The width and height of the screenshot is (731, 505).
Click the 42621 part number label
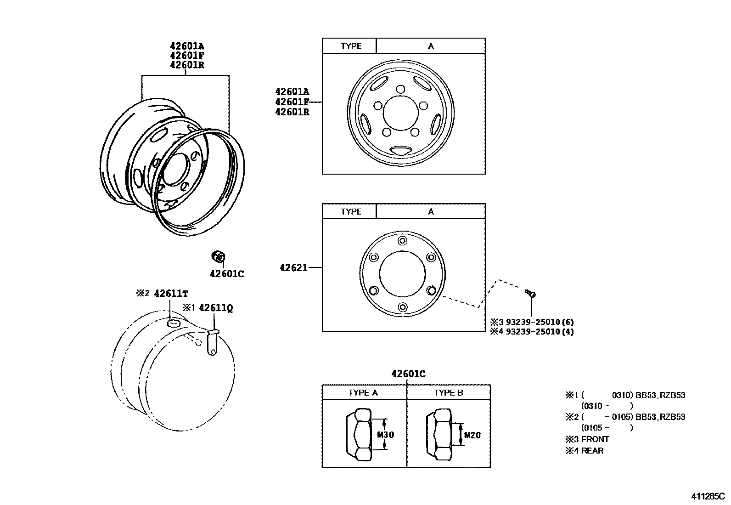pos(293,267)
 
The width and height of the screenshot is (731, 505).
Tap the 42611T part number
pos(171,294)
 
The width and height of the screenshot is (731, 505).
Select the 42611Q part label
pos(215,308)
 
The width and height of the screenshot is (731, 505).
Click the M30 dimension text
pos(385,435)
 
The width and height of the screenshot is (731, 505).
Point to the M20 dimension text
pos(472,435)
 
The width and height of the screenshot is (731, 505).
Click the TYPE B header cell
pos(448,392)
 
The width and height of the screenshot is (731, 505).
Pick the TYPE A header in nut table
pos(363,392)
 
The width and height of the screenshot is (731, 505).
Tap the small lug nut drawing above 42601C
pos(218,256)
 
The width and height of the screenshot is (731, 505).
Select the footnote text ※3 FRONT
pos(587,439)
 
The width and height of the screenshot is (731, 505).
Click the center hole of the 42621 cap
pos(402,274)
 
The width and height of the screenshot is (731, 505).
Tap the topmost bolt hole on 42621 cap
pos(403,241)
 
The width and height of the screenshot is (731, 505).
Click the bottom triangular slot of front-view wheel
pos(400,150)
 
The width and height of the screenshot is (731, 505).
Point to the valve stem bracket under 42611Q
pos(213,343)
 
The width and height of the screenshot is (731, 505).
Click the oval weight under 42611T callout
pos(173,324)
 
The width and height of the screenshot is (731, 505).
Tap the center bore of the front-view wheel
pos(400,113)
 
